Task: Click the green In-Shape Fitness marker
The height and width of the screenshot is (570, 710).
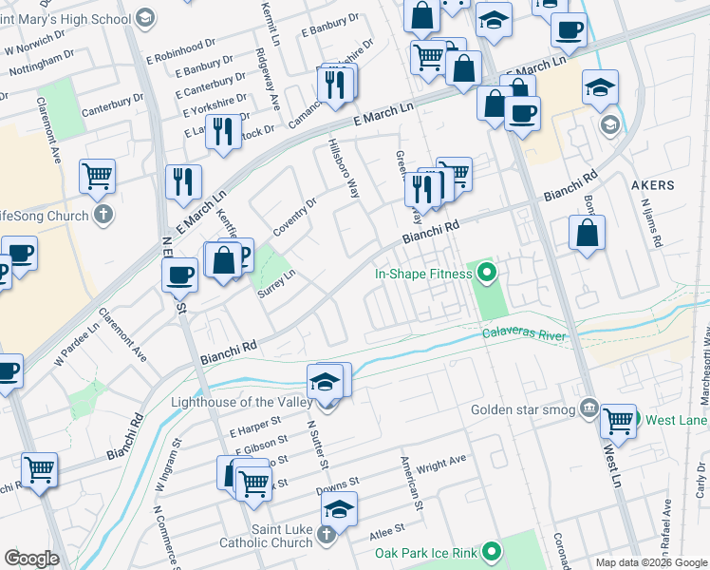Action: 488,275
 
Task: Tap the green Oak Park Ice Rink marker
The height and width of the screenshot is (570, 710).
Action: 492,551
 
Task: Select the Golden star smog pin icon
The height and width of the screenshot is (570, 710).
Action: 589,409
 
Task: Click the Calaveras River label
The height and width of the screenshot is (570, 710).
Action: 523,335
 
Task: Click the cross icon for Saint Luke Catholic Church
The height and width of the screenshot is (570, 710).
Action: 326,533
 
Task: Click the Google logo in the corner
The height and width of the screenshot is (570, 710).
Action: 31,558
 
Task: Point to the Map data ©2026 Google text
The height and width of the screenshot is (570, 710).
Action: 651,562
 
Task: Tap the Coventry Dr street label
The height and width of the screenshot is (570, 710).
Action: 294,214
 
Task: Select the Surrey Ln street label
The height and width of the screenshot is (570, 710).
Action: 278,282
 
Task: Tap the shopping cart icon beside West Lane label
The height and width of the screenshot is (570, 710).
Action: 618,420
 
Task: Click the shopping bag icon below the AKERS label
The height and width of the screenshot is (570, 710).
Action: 588,233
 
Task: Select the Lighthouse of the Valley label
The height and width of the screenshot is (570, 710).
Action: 241,402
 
